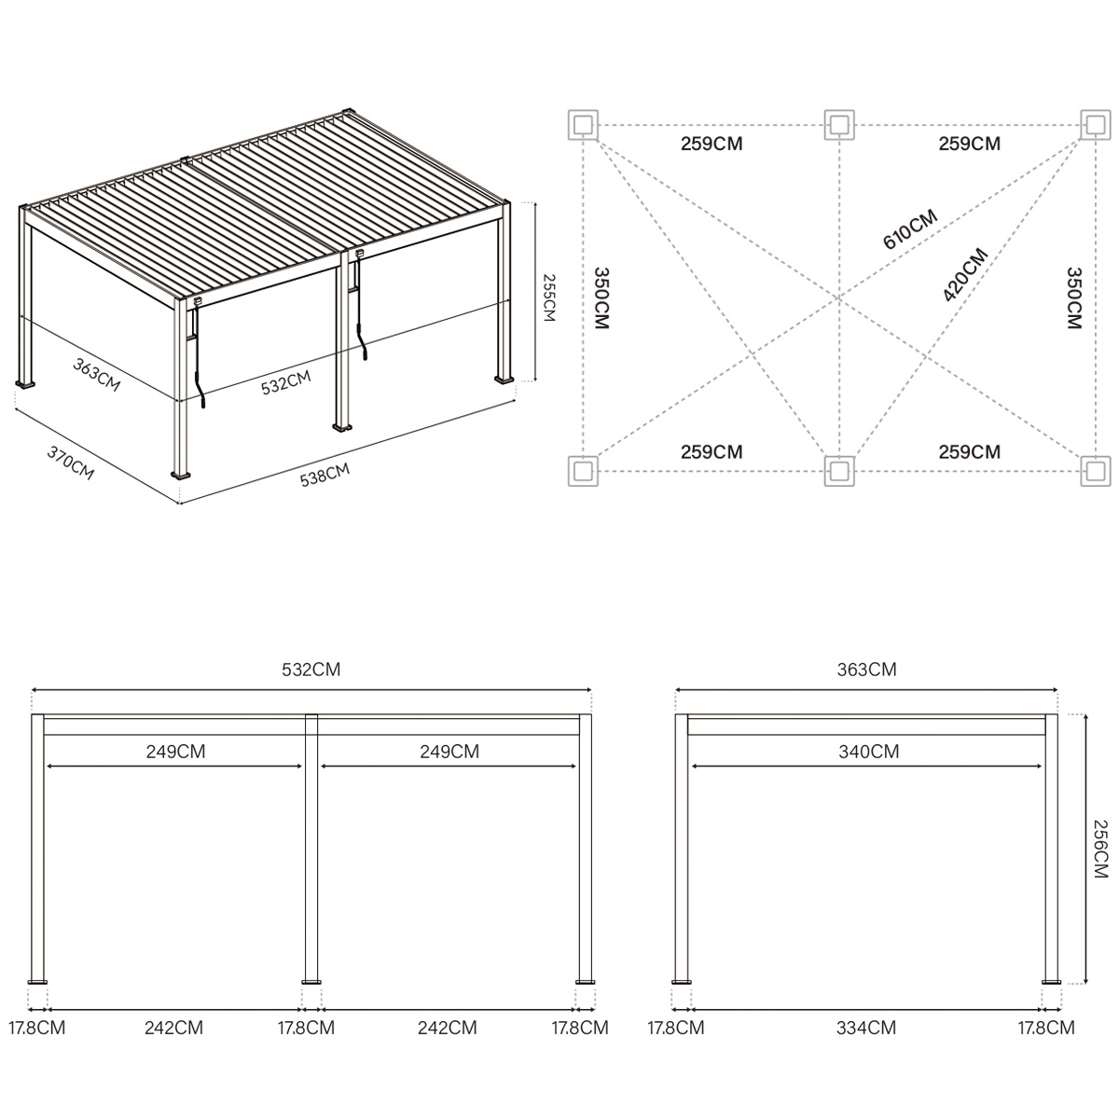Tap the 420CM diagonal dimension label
point(964,275)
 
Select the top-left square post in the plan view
point(583,124)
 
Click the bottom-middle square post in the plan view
point(839,471)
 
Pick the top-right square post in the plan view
point(1096,124)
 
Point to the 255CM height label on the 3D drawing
point(548,297)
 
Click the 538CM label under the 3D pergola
point(325,476)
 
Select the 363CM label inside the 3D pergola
point(97,375)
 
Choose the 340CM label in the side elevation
point(868,751)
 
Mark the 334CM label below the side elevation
point(865,1028)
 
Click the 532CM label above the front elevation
point(312,670)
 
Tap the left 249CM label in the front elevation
point(175,751)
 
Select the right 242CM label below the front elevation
point(447,1028)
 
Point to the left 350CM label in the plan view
point(601,298)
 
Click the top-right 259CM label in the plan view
point(969,144)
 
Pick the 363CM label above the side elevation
point(866,670)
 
